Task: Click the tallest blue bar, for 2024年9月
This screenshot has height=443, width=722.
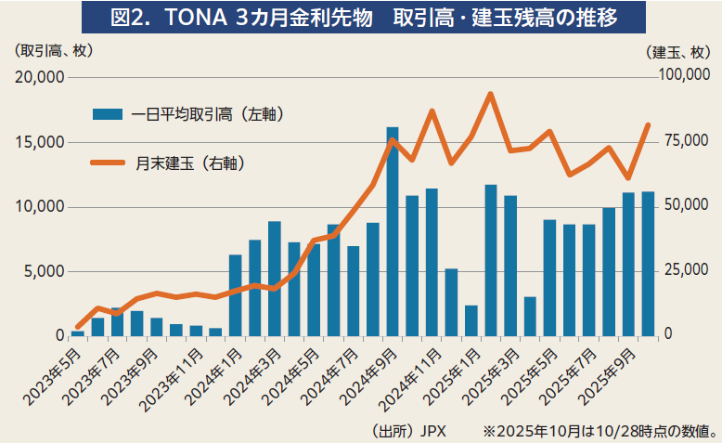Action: coord(393,232)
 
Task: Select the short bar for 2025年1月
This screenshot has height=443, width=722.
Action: coord(471,320)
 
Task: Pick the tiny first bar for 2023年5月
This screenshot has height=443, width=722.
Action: coord(78,332)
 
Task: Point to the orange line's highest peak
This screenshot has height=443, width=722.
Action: coord(491,94)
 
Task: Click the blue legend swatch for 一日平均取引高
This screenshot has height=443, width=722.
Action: coord(107,114)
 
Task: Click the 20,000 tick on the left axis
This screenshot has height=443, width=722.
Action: coord(39,78)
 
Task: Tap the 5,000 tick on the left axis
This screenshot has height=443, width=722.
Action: coord(44,271)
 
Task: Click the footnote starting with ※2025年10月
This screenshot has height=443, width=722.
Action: coord(598,430)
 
